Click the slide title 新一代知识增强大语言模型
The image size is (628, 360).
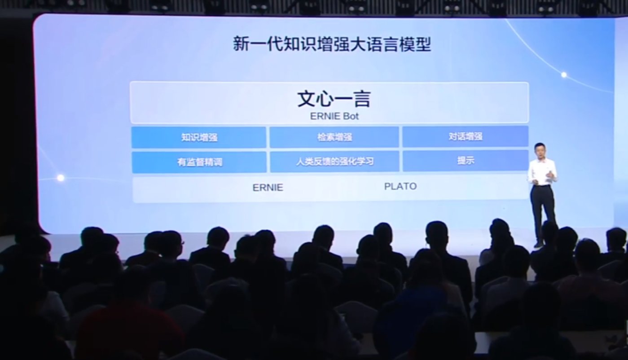click(332, 45)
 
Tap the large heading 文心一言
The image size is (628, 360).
click(334, 99)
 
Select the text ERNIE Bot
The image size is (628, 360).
click(334, 116)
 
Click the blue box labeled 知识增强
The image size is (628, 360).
click(199, 137)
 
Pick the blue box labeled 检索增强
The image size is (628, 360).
click(334, 137)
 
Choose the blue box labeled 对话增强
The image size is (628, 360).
click(465, 136)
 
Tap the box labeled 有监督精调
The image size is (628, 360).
click(199, 162)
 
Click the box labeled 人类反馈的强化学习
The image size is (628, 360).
click(334, 162)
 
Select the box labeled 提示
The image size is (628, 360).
click(466, 161)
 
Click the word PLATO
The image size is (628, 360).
click(400, 186)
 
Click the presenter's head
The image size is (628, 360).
click(539, 150)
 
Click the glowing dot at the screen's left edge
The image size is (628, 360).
click(60, 178)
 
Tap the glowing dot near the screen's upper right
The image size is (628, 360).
click(564, 75)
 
